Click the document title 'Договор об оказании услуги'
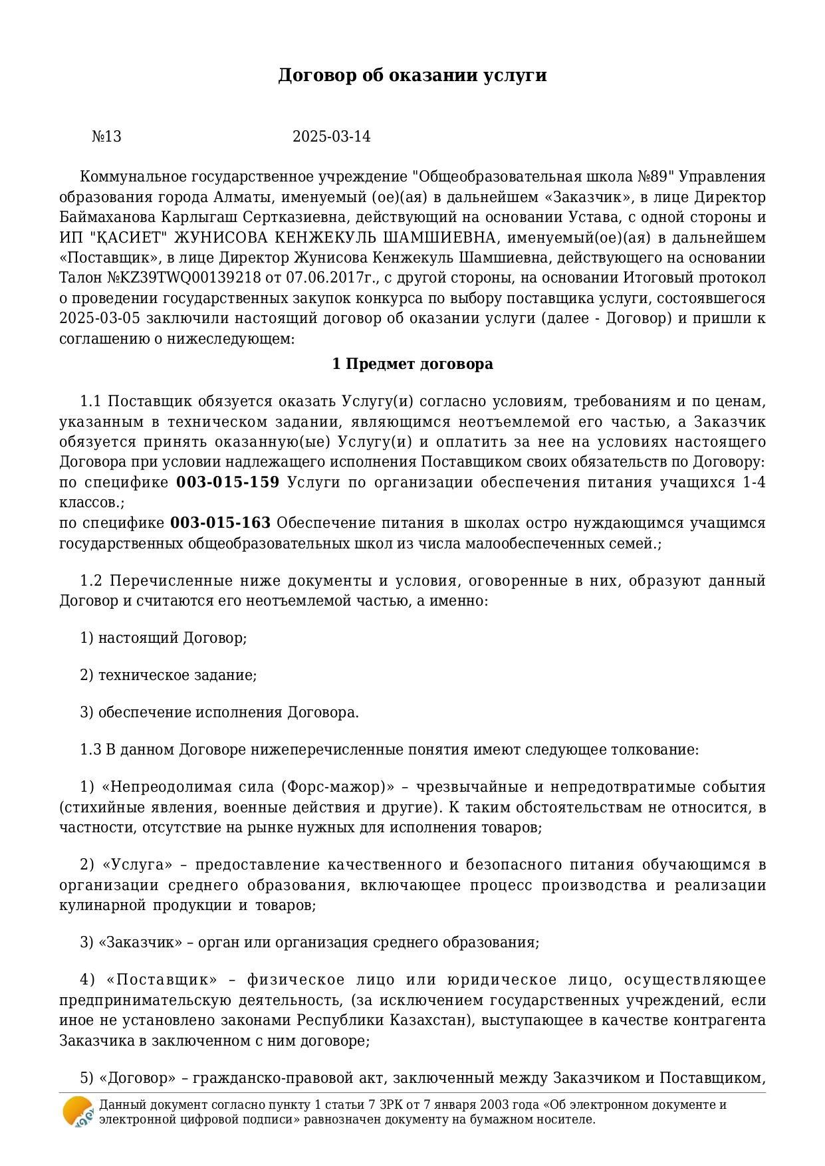pyautogui.click(x=412, y=75)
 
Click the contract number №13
pyautogui.click(x=106, y=137)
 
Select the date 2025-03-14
pyautogui.click(x=331, y=137)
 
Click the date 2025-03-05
pyautogui.click(x=99, y=318)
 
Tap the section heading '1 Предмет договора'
pyautogui.click(x=412, y=364)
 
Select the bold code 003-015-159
pyautogui.click(x=227, y=483)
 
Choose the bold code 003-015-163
pyautogui.click(x=220, y=523)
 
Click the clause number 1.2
pyautogui.click(x=90, y=581)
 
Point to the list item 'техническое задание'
pyautogui.click(x=177, y=675)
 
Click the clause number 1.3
pyautogui.click(x=90, y=750)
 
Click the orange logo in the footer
pyautogui.click(x=78, y=1111)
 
